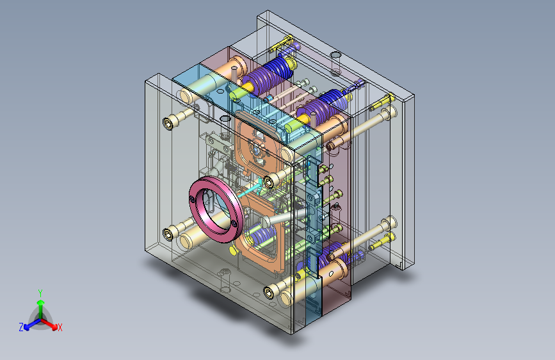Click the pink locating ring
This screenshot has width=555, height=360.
[198, 192]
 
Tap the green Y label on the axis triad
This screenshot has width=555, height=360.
[40, 293]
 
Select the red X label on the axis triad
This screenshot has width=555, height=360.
[60, 327]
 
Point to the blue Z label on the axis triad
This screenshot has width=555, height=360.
[21, 327]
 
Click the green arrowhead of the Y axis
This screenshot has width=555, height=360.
[41, 303]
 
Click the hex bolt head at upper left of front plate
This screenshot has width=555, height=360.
[168, 123]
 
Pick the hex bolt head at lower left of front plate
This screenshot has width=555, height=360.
[168, 234]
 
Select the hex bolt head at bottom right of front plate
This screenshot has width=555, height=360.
[269, 293]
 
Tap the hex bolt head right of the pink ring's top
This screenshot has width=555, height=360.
[269, 182]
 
